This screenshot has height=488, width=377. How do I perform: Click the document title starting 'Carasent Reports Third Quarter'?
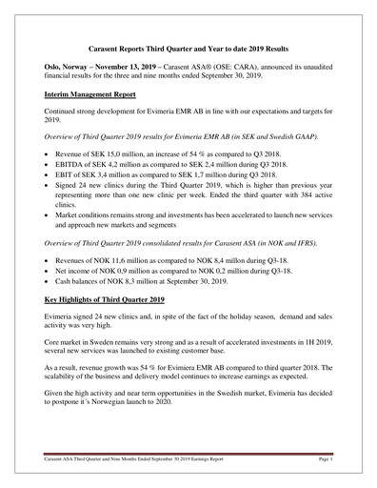click(x=188, y=48)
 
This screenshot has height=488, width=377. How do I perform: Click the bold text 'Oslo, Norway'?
click(x=68, y=70)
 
